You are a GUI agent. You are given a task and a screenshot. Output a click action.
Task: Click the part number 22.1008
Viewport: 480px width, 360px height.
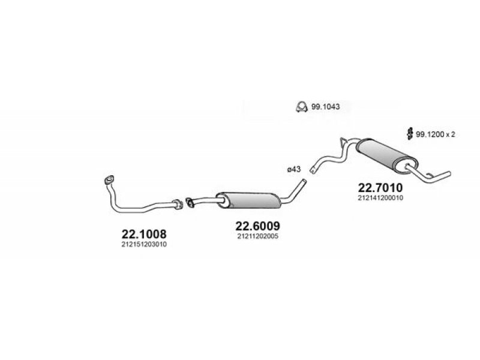point(144,234)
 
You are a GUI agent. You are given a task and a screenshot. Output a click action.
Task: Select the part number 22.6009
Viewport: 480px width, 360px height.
point(257,226)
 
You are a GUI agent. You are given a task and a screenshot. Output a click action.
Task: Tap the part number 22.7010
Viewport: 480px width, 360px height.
point(380,187)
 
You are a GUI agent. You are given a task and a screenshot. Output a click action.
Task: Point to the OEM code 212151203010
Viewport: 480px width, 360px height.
point(144,244)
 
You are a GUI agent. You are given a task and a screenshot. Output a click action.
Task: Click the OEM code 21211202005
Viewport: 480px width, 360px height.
point(257,236)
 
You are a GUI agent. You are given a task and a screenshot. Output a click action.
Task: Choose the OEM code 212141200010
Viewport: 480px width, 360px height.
point(380,198)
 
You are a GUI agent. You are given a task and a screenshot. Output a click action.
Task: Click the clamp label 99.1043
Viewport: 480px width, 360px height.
point(325,107)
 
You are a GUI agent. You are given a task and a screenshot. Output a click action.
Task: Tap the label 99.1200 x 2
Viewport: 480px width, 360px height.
point(436,134)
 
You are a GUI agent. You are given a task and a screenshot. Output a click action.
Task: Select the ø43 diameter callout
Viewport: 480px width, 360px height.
point(294,169)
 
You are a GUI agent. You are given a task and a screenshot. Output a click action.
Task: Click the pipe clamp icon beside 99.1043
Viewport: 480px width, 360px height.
point(302,107)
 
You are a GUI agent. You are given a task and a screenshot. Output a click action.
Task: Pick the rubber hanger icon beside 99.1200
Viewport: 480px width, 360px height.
point(409,133)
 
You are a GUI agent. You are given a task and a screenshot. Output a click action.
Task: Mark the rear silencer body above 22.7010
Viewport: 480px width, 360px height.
point(387,156)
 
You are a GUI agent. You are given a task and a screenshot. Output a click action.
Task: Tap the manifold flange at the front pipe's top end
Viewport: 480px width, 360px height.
point(109,179)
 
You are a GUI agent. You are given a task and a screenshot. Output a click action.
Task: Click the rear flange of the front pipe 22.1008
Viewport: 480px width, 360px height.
point(178,204)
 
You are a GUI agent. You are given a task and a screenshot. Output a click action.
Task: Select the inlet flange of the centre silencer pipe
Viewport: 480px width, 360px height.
point(190,202)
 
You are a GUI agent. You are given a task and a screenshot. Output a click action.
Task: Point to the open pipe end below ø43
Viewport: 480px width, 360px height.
point(304,181)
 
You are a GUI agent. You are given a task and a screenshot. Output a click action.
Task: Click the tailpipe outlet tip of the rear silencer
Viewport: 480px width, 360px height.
point(449,173)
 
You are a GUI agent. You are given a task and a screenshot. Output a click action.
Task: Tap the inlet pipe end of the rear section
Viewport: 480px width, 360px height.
point(313,170)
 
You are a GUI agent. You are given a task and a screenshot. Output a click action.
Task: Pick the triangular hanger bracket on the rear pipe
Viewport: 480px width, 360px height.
point(343,142)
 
